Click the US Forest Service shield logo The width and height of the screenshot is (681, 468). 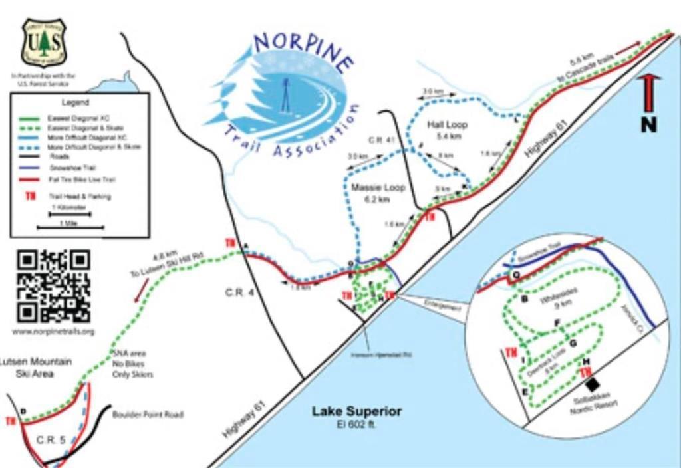44,43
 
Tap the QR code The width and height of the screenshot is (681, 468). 53,286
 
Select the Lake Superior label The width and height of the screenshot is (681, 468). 356,411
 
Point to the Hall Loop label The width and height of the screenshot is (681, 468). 447,125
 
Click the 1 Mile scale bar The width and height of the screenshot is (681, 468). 70,227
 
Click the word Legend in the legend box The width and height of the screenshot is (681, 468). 75,103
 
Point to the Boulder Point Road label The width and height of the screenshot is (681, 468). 148,415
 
